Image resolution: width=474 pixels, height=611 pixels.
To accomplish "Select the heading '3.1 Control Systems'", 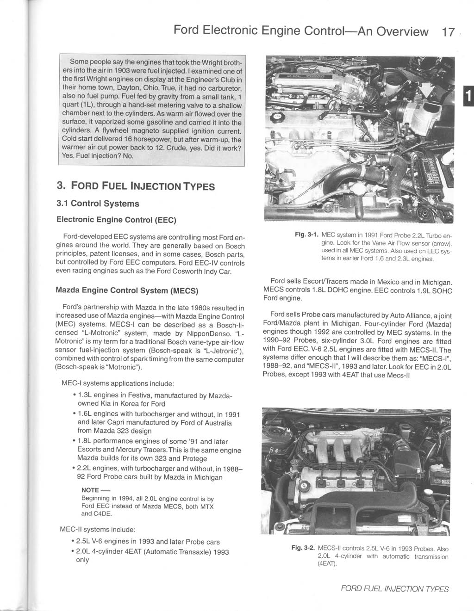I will (x=97, y=204).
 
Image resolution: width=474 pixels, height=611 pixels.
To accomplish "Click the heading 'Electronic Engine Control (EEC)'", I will (x=116, y=218).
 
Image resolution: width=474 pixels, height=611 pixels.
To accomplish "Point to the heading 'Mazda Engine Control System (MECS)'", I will (x=127, y=291).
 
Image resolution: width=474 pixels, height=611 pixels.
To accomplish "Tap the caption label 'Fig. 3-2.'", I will (x=302, y=549).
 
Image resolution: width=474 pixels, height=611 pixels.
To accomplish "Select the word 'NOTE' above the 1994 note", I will (x=90, y=490).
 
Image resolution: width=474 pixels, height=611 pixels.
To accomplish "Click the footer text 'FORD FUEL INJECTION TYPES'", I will (x=394, y=589).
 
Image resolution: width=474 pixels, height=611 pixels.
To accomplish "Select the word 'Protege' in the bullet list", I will (x=195, y=458).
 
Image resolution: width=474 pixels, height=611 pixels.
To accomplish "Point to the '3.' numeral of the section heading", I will (x=60, y=186).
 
